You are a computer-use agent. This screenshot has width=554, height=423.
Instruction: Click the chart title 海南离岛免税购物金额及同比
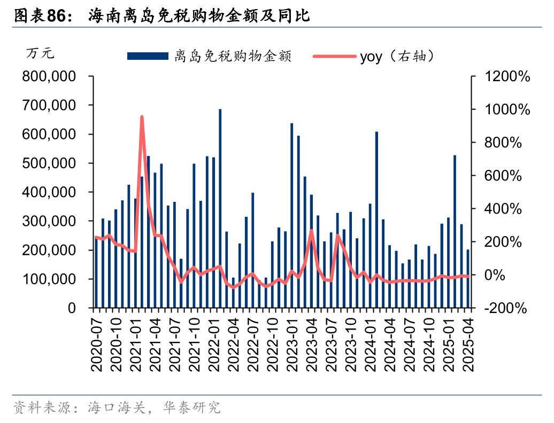click(199, 16)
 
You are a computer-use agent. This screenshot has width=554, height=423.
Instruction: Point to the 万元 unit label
click(40, 53)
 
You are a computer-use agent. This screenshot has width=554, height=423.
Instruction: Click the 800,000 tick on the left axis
click(49, 77)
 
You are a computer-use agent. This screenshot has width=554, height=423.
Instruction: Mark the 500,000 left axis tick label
click(49, 163)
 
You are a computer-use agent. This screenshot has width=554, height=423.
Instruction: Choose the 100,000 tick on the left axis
click(49, 279)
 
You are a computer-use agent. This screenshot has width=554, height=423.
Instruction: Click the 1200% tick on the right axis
click(507, 77)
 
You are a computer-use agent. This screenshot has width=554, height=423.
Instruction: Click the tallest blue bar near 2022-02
click(220, 208)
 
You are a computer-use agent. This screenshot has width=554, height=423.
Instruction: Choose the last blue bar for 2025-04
click(468, 278)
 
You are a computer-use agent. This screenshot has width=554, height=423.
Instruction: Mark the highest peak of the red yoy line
click(142, 117)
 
